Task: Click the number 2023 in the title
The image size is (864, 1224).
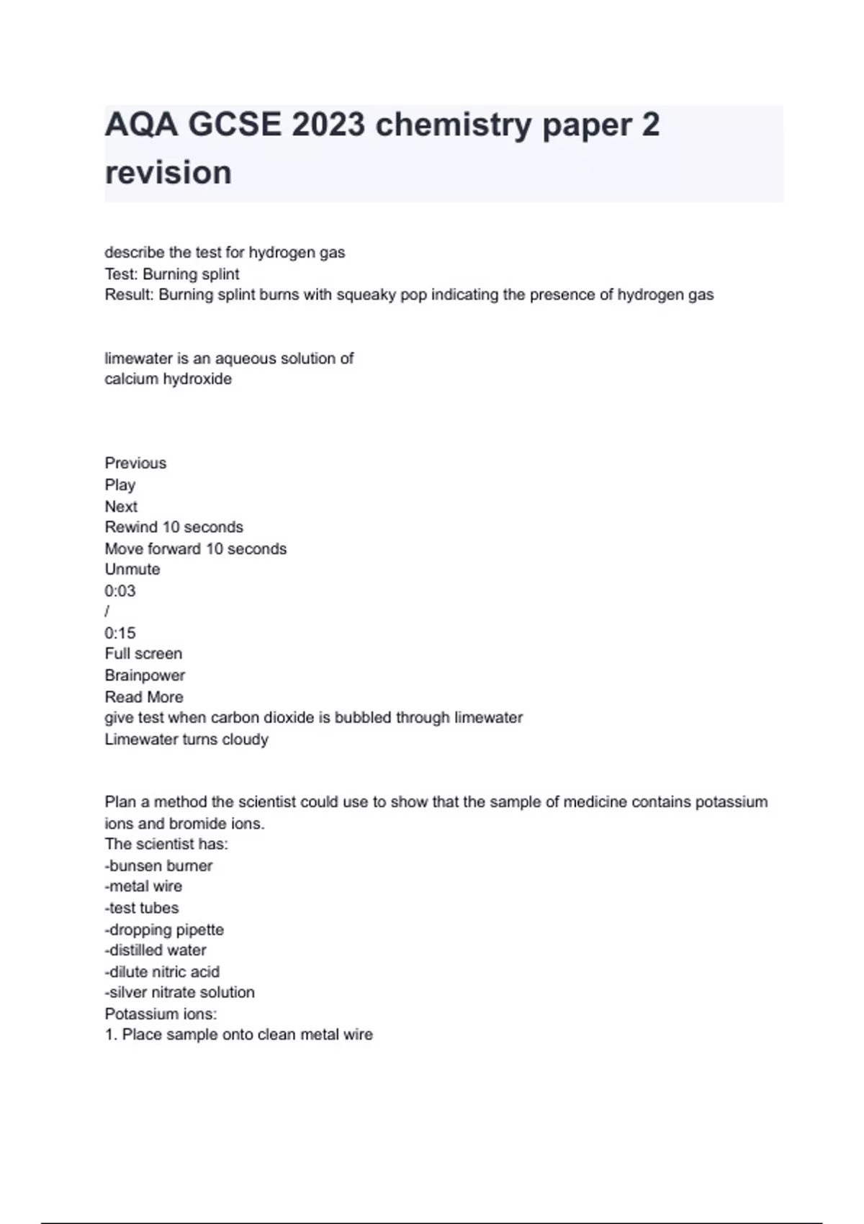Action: tap(328, 125)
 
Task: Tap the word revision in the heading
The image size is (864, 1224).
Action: tap(168, 173)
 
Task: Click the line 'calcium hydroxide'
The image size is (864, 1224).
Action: tap(168, 379)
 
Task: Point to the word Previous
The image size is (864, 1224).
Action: tap(135, 463)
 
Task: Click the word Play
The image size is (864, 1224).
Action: tap(120, 485)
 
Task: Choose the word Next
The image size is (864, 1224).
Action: tap(121, 506)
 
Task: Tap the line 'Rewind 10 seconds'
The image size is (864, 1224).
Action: tap(174, 527)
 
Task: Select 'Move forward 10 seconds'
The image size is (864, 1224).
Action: tap(195, 549)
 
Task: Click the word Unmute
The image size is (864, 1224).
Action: tap(132, 570)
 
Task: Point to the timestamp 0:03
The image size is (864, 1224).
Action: tap(120, 591)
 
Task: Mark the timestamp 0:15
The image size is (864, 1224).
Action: tap(120, 633)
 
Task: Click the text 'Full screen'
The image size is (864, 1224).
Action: tap(143, 654)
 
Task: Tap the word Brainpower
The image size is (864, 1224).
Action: tap(145, 675)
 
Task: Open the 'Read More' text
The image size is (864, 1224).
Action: tap(144, 697)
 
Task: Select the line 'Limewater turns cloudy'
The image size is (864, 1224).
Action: tap(186, 739)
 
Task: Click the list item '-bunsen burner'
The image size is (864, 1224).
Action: tap(158, 865)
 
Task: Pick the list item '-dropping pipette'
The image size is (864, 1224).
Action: tap(164, 930)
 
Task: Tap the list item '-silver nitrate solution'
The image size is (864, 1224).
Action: tap(179, 992)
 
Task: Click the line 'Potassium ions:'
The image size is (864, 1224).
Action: tap(161, 1014)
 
